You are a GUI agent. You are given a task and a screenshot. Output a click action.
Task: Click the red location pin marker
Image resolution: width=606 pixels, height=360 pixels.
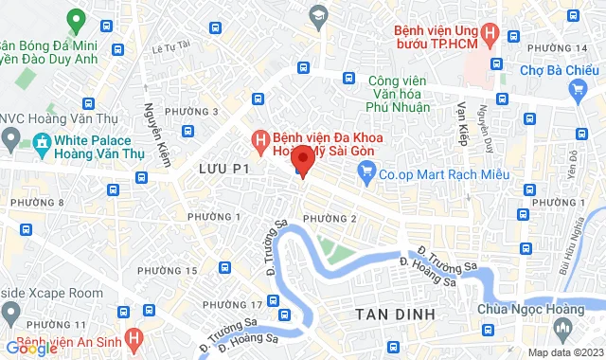pos(301,160)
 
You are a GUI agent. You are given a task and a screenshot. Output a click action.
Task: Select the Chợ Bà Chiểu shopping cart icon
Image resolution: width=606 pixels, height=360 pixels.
pos(577,89)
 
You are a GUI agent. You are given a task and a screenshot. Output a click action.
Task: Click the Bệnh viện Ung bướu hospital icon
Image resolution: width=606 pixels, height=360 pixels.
pos(489,36)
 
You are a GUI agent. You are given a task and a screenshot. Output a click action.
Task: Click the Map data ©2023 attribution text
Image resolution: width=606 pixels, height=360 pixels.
pos(564,352)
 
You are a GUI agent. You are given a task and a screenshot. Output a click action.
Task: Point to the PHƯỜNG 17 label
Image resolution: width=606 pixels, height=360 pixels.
pos(232,304)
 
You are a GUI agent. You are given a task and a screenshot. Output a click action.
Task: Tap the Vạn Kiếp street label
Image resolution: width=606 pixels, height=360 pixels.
pos(463,117)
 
